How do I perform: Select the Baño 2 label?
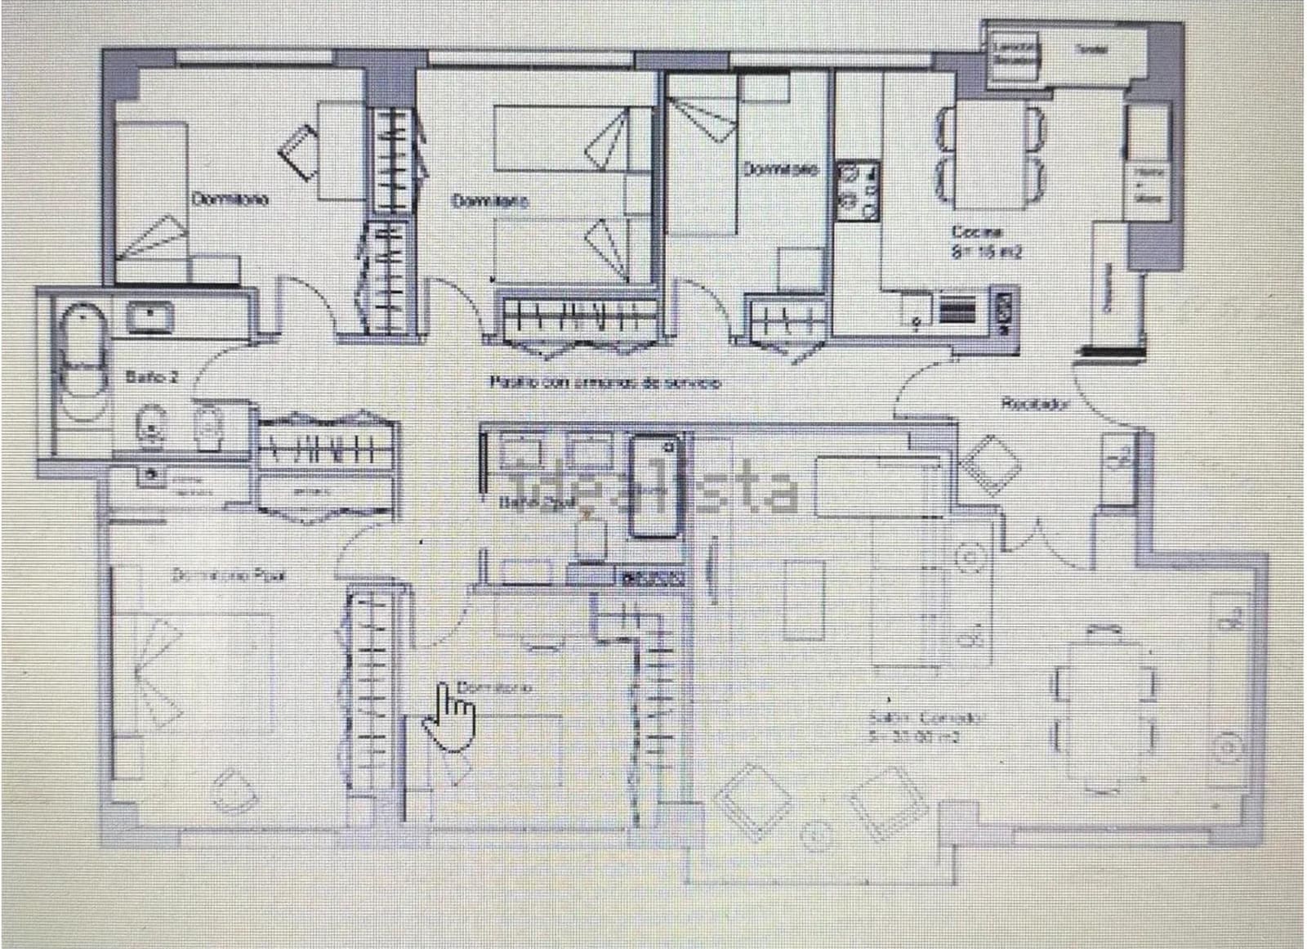153,378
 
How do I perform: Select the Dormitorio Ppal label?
229,575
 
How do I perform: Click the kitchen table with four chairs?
990,153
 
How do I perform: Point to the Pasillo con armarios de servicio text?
604,382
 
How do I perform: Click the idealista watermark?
653,489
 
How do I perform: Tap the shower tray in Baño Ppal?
655,487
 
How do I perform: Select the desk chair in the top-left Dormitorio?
299,150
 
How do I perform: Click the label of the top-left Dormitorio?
230,199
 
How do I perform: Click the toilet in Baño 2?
149,425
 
